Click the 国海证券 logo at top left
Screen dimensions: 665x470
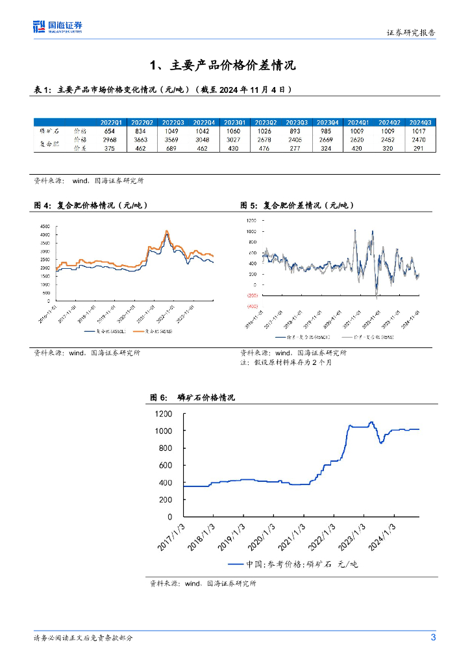(x=58, y=27)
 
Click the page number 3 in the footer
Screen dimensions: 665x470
(x=433, y=637)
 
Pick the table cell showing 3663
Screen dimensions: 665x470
(x=142, y=139)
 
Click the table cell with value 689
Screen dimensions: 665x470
(x=173, y=148)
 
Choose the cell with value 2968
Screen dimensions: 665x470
(x=110, y=139)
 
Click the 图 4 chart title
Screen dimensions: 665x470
(x=91, y=205)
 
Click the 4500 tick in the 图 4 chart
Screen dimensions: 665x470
(x=45, y=226)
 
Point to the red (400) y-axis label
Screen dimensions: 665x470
(x=251, y=306)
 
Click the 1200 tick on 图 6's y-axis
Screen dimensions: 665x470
(x=164, y=414)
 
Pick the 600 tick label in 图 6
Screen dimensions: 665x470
(x=166, y=465)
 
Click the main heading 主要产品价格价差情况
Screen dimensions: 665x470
(x=223, y=66)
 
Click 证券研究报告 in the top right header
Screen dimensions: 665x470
(x=411, y=32)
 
